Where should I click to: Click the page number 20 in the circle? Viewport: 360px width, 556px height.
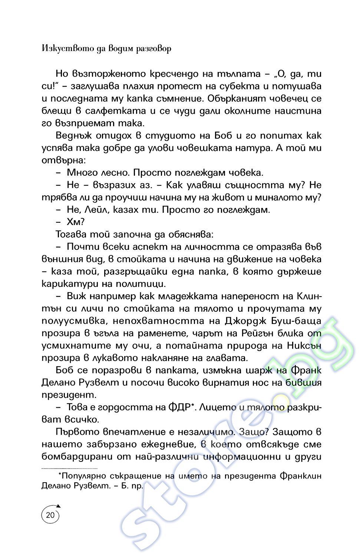50,515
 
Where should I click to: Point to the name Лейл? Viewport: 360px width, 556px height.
97,210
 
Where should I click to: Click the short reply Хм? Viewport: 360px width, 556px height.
76,222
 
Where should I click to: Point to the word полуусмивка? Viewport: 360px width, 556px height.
73,321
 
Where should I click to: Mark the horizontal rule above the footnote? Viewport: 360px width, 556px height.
69,469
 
